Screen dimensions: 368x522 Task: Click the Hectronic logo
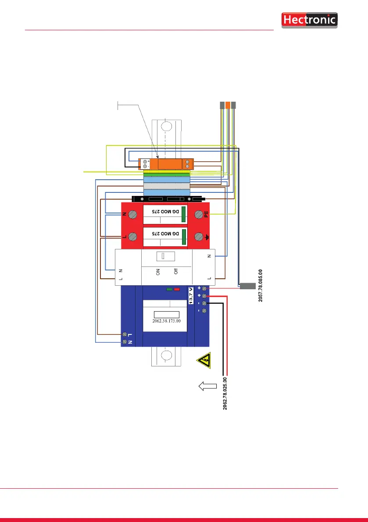(x=309, y=20)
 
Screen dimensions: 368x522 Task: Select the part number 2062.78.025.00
(x=225, y=393)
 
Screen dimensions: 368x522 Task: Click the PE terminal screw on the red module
(x=200, y=215)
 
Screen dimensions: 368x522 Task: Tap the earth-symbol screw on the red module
(x=200, y=236)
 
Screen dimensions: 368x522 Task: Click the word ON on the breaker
(x=157, y=272)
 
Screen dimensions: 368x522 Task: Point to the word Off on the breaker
(x=175, y=272)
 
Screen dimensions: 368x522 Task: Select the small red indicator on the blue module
(x=177, y=289)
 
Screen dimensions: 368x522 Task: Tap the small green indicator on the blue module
(x=170, y=289)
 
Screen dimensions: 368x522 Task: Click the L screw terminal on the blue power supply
(x=125, y=334)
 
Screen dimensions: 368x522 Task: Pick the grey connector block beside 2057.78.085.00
(x=247, y=286)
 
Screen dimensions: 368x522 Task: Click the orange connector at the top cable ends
(x=228, y=106)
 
